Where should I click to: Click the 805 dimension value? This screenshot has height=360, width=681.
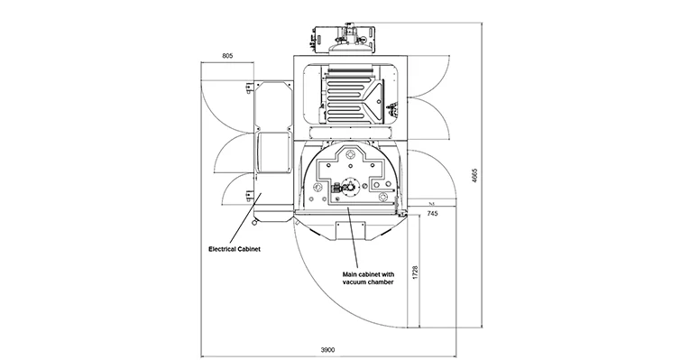[x=227, y=56]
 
